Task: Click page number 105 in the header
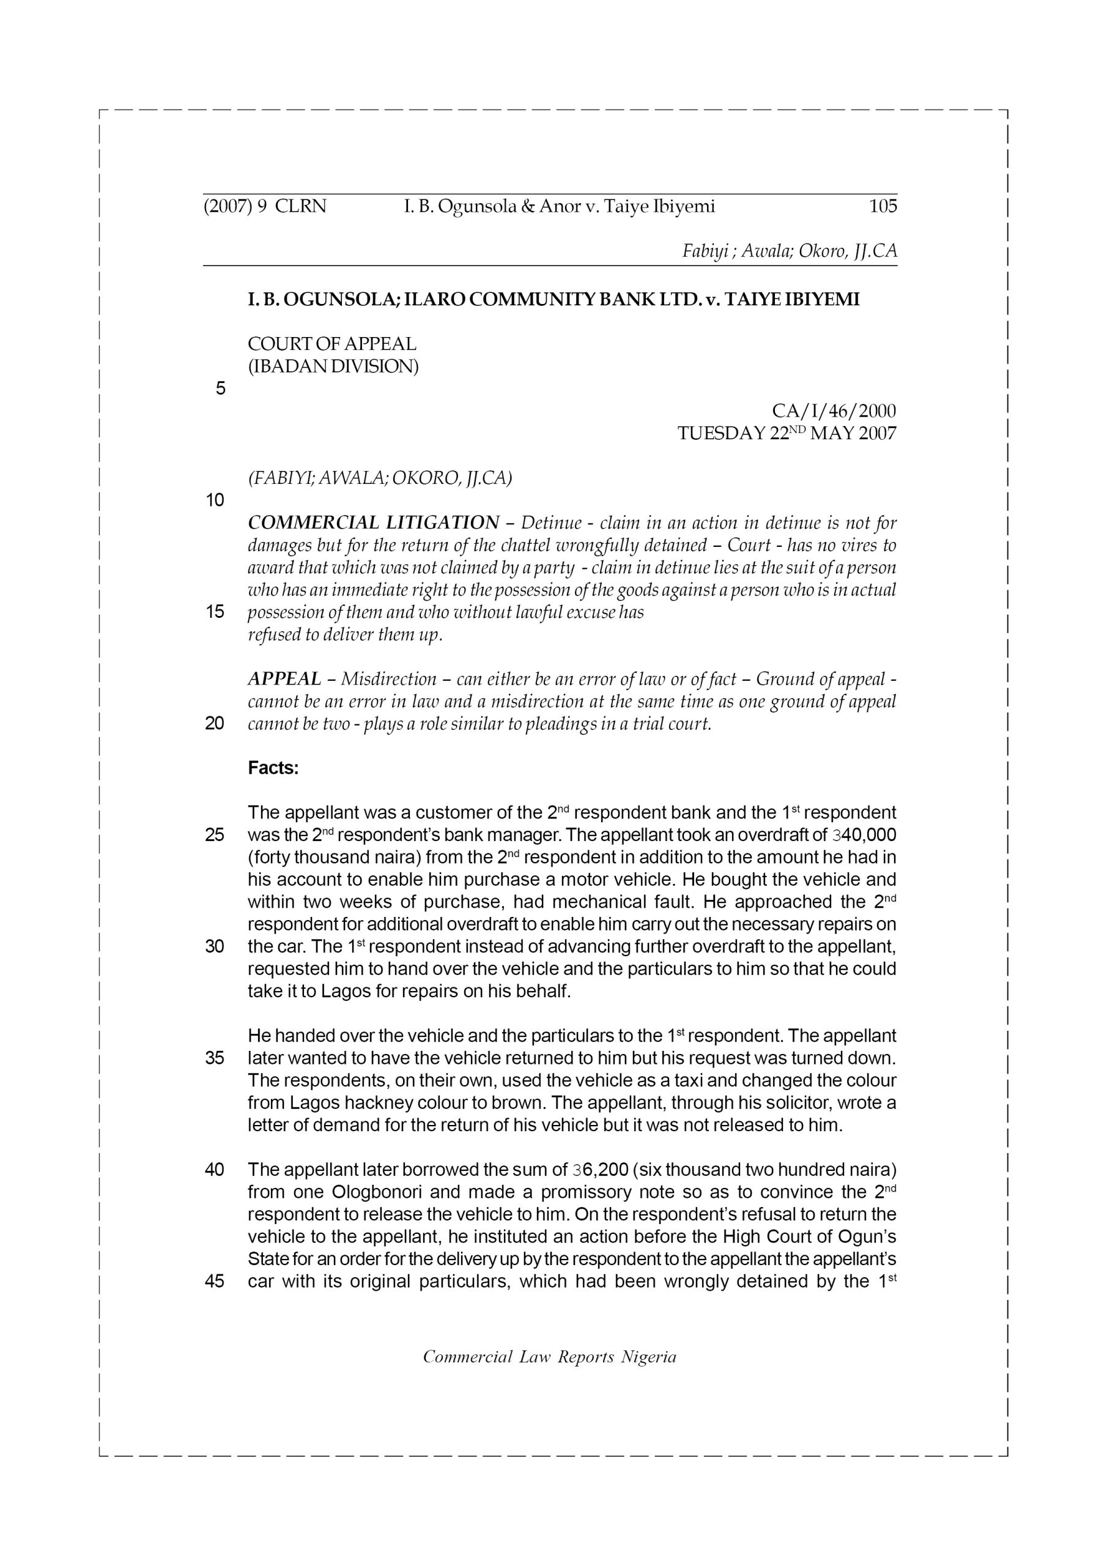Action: (883, 206)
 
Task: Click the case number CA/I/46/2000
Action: (834, 411)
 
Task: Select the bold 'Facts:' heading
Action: (273, 768)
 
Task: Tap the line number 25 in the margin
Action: (215, 835)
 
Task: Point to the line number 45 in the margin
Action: (215, 1281)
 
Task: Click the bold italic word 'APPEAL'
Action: (284, 678)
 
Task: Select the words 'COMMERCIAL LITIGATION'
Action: (373, 522)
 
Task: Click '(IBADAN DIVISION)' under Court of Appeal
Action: (333, 366)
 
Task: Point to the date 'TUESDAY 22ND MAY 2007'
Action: (787, 433)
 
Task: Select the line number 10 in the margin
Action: (215, 500)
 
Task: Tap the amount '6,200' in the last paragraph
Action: (605, 1170)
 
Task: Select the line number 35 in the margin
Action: (215, 1058)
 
